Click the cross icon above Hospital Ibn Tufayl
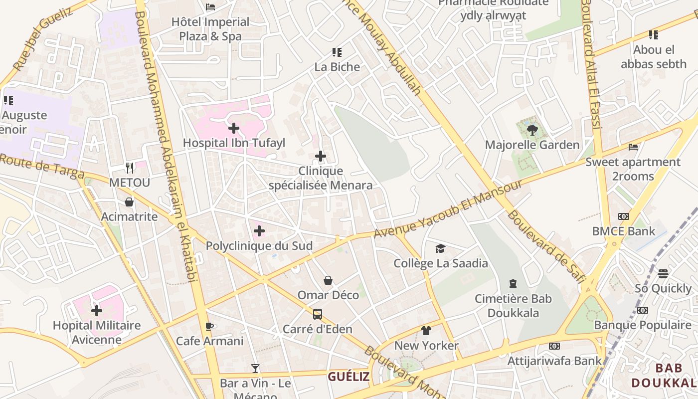(x=233, y=129)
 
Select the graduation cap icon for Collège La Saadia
(x=440, y=248)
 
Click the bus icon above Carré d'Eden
(x=318, y=314)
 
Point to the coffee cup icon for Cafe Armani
(x=209, y=327)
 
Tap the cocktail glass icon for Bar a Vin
(x=255, y=369)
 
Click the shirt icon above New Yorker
(x=426, y=331)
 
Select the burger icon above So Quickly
(x=663, y=274)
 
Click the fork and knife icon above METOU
(x=130, y=168)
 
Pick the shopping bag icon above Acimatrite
(x=129, y=202)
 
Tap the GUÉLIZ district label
(x=349, y=377)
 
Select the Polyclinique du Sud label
(x=259, y=246)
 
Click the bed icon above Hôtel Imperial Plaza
(x=210, y=7)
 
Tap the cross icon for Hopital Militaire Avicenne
(x=97, y=311)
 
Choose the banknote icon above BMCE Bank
(x=623, y=216)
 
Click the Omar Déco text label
(x=328, y=295)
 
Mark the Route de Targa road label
(x=42, y=166)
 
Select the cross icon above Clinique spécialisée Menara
(x=321, y=157)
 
